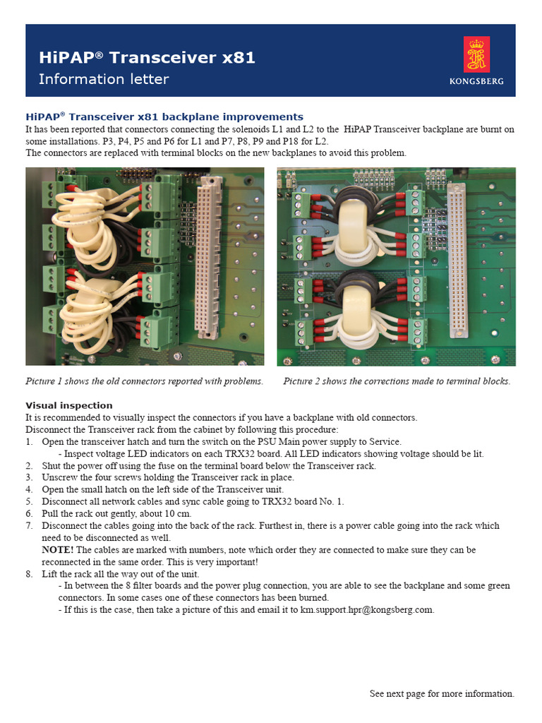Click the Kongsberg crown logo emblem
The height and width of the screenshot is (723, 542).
coord(476,55)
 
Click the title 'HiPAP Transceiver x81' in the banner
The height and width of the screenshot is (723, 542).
coord(147,58)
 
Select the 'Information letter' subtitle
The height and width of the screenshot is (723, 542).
coord(104,79)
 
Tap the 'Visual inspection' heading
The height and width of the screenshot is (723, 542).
coord(69,405)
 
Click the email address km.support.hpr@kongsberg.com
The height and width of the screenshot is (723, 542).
coord(367,609)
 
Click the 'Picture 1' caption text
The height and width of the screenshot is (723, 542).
coord(144,381)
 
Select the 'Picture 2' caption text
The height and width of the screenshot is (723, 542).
coord(396,381)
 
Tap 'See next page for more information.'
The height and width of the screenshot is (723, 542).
coord(442,693)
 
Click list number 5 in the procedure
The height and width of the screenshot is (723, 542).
coord(30,501)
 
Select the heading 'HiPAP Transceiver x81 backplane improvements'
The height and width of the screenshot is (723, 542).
coord(164,116)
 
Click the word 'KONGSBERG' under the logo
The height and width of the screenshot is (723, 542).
coord(476,81)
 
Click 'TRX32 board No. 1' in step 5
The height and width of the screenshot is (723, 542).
coord(303,501)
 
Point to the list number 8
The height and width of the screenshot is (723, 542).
coord(30,573)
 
